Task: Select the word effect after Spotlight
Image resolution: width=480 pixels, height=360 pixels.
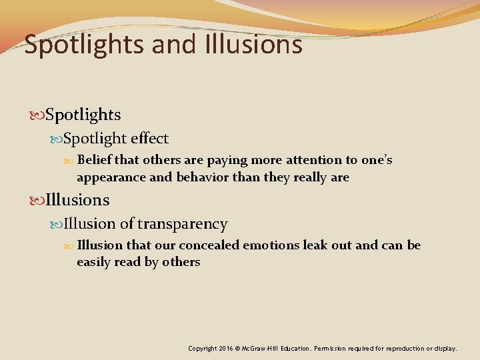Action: (x=150, y=139)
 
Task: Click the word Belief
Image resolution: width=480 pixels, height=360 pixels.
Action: (x=94, y=160)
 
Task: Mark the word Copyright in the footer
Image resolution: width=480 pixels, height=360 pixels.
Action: (x=203, y=349)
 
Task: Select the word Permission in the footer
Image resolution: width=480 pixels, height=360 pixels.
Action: (x=334, y=349)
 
